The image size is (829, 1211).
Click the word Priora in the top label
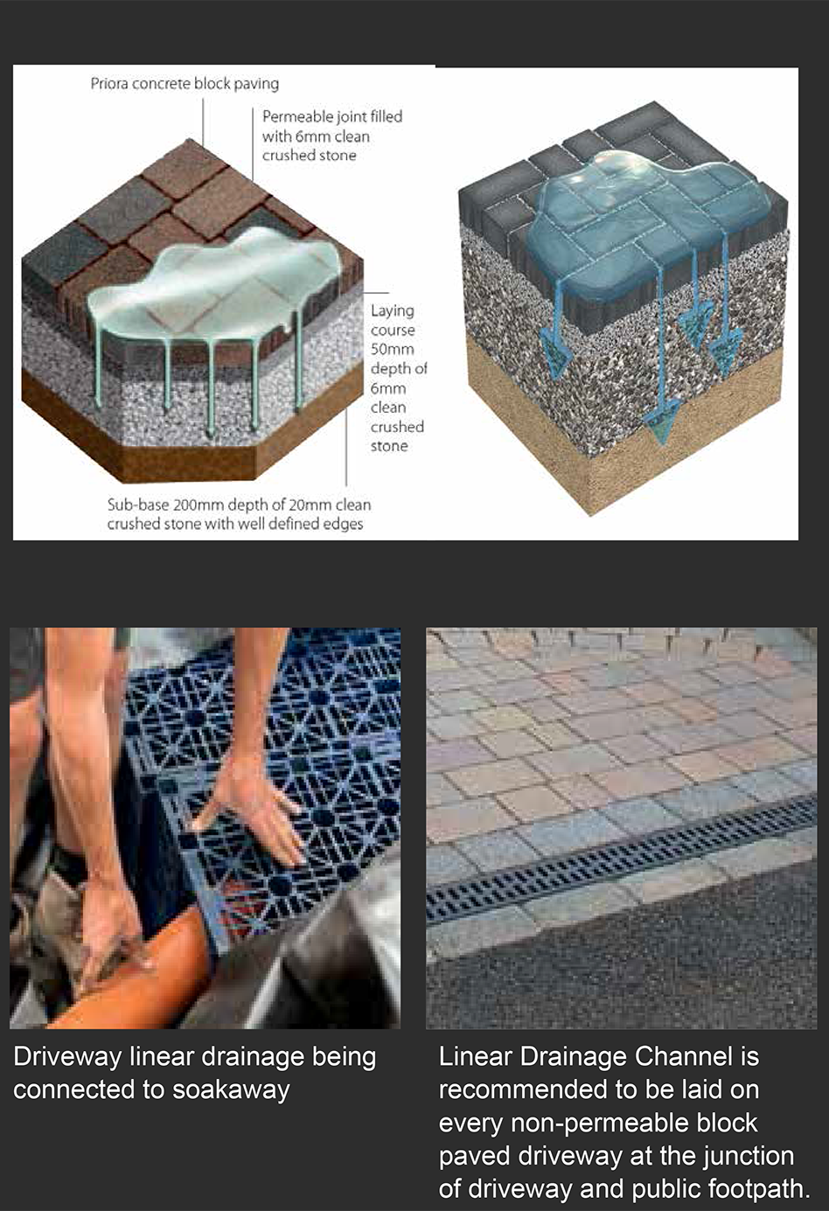tap(109, 84)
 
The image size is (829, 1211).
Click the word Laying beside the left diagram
tap(393, 311)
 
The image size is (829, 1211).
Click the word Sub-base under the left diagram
tap(136, 505)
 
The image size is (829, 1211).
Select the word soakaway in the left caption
tap(231, 1089)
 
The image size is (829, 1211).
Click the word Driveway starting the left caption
tap(67, 1058)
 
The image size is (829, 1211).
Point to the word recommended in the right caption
tap(517, 1089)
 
